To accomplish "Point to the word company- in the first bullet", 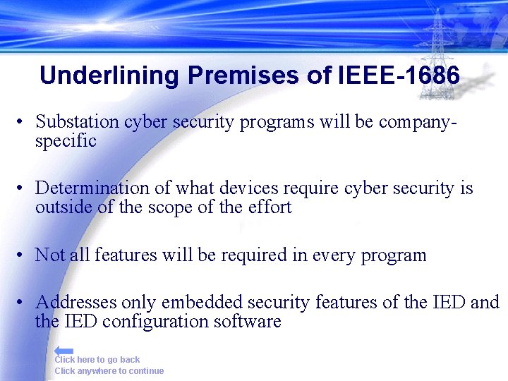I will coord(418,121).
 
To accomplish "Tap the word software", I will coord(250,322).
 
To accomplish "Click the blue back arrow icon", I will coord(64,351).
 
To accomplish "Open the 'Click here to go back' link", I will coord(97,360).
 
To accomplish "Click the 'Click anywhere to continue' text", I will coord(109,371).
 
